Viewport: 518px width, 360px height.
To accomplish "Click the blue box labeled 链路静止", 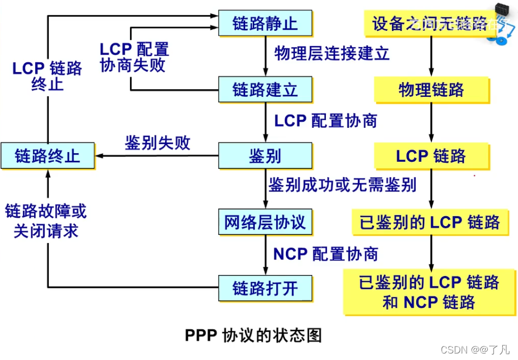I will [265, 24].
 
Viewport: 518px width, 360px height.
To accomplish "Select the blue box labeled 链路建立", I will [265, 89].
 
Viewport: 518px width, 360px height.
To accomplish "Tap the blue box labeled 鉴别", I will [265, 156].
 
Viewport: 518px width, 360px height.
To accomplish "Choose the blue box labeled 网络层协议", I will [265, 222].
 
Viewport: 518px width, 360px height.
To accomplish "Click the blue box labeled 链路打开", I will [265, 288].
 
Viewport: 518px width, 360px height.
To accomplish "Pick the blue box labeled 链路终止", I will [48, 156].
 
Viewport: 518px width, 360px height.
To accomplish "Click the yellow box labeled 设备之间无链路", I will [430, 24].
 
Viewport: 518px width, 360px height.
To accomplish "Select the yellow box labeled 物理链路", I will [431, 89].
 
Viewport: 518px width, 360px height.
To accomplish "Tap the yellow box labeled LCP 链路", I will [431, 156].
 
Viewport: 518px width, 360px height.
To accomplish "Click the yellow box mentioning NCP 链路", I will [430, 292].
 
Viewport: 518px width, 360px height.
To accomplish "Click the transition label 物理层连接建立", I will [332, 53].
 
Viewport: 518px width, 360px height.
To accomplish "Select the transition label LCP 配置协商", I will [325, 121].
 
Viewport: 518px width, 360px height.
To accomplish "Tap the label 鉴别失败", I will [158, 142].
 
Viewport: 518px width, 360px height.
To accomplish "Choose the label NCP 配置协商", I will [325, 253].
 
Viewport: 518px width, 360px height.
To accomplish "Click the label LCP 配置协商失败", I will [134, 57].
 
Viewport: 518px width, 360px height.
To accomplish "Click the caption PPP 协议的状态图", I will [253, 335].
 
